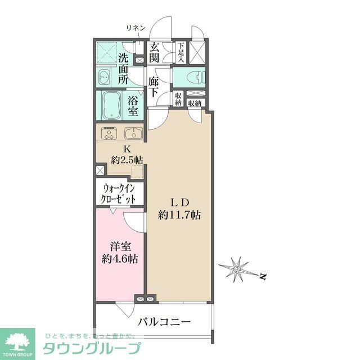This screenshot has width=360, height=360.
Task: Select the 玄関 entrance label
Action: coord(155,52)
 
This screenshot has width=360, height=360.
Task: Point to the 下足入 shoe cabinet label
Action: coord(181,52)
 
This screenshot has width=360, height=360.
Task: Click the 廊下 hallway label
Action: coord(154,87)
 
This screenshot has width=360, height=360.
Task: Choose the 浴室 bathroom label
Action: coord(133,106)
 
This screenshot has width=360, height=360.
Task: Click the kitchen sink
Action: coord(133,134)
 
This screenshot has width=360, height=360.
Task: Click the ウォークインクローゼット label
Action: coord(120,193)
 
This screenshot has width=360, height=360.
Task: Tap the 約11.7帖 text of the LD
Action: coord(180,215)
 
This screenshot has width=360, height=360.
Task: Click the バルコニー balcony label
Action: coord(165,322)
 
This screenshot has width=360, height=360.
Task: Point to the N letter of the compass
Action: coord(263,276)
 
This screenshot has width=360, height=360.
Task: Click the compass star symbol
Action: coord(238,269)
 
